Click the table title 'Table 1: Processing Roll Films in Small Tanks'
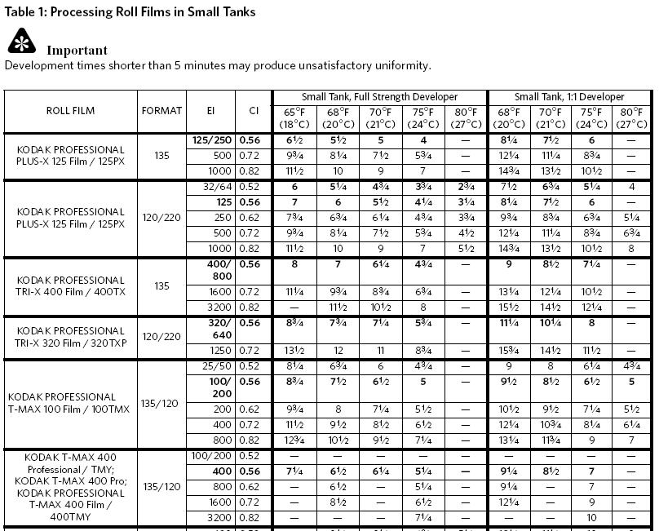tap(130, 11)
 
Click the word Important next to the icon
tap(77, 50)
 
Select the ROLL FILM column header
tap(70, 111)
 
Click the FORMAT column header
tap(161, 111)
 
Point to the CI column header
tap(253, 111)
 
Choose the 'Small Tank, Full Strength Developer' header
tap(379, 97)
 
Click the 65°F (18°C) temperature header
tap(294, 117)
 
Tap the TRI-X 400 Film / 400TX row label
tap(70, 285)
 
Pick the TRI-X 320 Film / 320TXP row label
tap(70, 336)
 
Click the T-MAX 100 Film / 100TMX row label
tap(70, 403)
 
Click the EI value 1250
tap(221, 350)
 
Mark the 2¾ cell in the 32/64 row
tap(466, 187)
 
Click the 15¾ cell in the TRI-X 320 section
tap(508, 350)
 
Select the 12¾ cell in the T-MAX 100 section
tap(294, 440)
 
